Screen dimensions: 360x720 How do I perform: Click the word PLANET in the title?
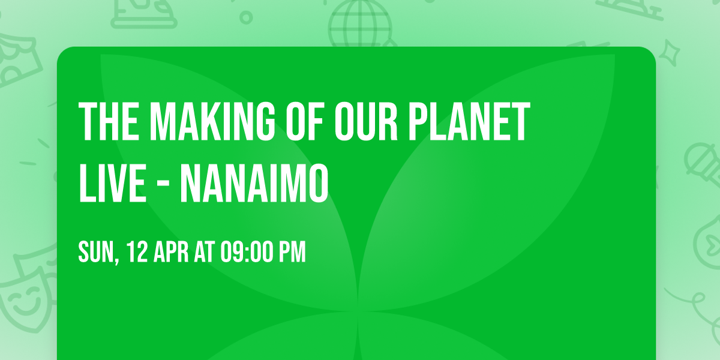pyautogui.click(x=470, y=122)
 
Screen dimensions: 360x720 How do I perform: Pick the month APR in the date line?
pyautogui.click(x=172, y=252)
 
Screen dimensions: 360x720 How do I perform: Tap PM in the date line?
pyautogui.click(x=292, y=252)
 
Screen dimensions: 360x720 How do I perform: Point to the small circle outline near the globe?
pyautogui.click(x=246, y=17)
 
